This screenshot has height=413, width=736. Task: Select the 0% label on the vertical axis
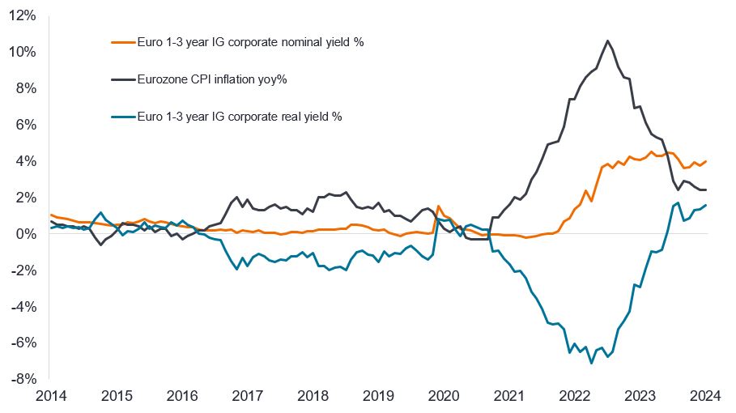27,234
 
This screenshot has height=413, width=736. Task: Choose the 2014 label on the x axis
50,397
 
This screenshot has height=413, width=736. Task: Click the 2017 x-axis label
248,397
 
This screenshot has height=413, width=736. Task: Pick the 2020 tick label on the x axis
445,397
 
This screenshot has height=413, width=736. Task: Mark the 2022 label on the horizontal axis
576,397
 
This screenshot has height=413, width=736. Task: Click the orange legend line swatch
121,42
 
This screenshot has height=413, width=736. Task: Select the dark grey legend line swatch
121,79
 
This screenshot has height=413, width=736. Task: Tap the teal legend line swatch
121,117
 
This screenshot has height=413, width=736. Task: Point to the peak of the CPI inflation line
607,40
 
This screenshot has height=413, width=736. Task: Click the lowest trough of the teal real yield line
592,363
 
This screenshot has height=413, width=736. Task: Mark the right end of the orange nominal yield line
707,161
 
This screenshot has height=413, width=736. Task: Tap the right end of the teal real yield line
707,205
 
